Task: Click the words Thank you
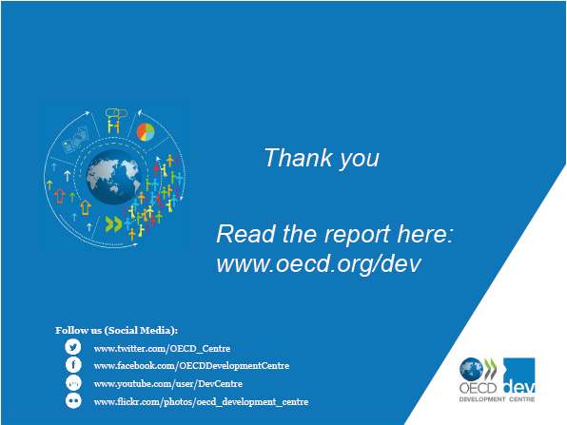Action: pos(322,158)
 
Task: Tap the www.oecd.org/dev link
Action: pos(319,263)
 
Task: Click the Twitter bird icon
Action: pos(73,347)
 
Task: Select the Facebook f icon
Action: pos(73,365)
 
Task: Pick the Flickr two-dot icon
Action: pos(73,401)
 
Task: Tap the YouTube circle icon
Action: pos(73,383)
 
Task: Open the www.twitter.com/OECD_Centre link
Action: pos(162,348)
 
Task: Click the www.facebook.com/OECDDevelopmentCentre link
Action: pos(191,366)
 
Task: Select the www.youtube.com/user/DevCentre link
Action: pos(167,383)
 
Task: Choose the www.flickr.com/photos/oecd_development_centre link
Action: pos(201,401)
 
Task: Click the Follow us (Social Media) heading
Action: pos(116,330)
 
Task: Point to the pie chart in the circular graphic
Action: pos(146,132)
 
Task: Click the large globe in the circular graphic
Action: pos(113,177)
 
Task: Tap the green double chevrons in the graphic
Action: pos(113,223)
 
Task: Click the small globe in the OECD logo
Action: pos(471,369)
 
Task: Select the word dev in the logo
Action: pos(519,387)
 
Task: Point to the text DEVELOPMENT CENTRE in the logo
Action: pos(497,399)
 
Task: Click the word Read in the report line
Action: pos(246,234)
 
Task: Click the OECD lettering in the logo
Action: pos(478,388)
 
